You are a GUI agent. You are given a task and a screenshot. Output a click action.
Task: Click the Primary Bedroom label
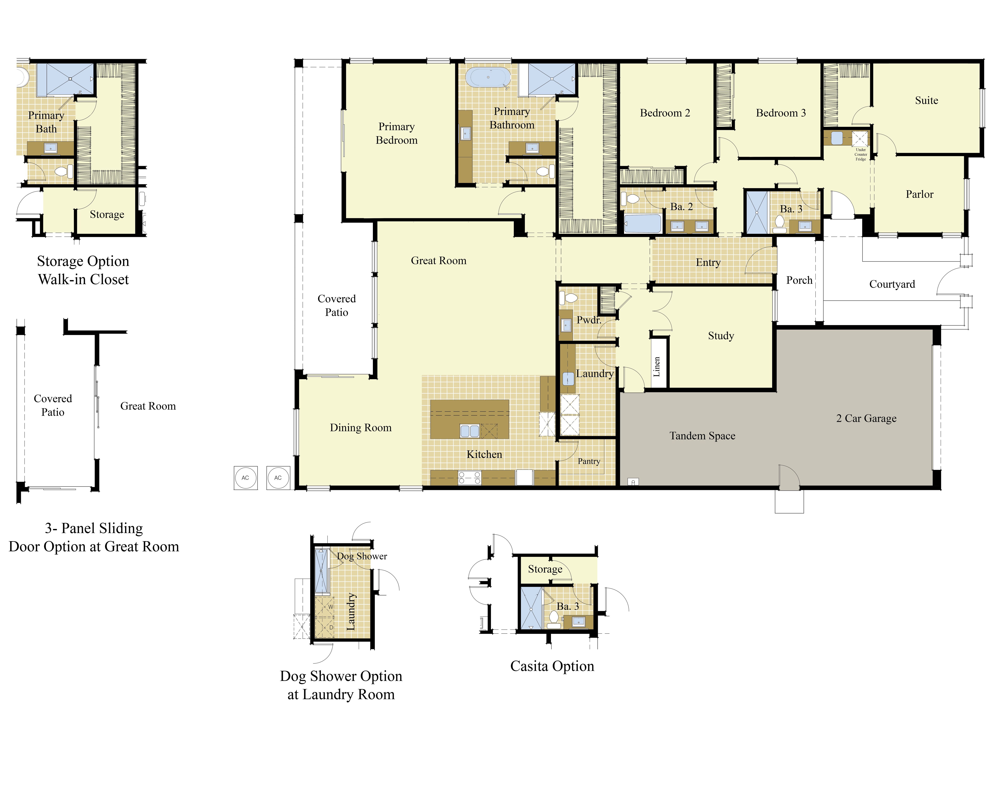pyautogui.click(x=396, y=133)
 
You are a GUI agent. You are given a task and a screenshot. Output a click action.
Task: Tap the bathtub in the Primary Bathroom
pyautogui.click(x=488, y=77)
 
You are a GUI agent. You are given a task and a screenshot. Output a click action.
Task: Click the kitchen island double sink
pyautogui.click(x=470, y=431)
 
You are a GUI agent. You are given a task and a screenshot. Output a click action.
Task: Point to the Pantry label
pyautogui.click(x=589, y=461)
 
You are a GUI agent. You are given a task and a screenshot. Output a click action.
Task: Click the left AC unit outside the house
pyautogui.click(x=245, y=478)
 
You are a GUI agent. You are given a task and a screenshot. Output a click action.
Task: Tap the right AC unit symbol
pyautogui.click(x=278, y=478)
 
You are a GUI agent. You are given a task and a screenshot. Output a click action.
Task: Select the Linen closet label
pyautogui.click(x=657, y=367)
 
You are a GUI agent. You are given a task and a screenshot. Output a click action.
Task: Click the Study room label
pyautogui.click(x=721, y=336)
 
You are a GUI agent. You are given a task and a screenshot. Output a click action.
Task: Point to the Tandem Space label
pyautogui.click(x=702, y=436)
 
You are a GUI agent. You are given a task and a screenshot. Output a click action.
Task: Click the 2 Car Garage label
pyautogui.click(x=866, y=418)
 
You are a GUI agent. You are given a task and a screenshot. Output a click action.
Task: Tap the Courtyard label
pyautogui.click(x=892, y=284)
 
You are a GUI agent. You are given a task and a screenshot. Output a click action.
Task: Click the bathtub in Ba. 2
pyautogui.click(x=643, y=224)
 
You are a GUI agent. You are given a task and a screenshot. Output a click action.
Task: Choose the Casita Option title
pyautogui.click(x=552, y=666)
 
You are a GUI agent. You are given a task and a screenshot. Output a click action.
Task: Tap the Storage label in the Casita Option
pyautogui.click(x=545, y=569)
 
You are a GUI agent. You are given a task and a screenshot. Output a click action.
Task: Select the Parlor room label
pyautogui.click(x=919, y=194)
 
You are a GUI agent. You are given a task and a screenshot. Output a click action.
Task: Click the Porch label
pyautogui.click(x=799, y=280)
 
